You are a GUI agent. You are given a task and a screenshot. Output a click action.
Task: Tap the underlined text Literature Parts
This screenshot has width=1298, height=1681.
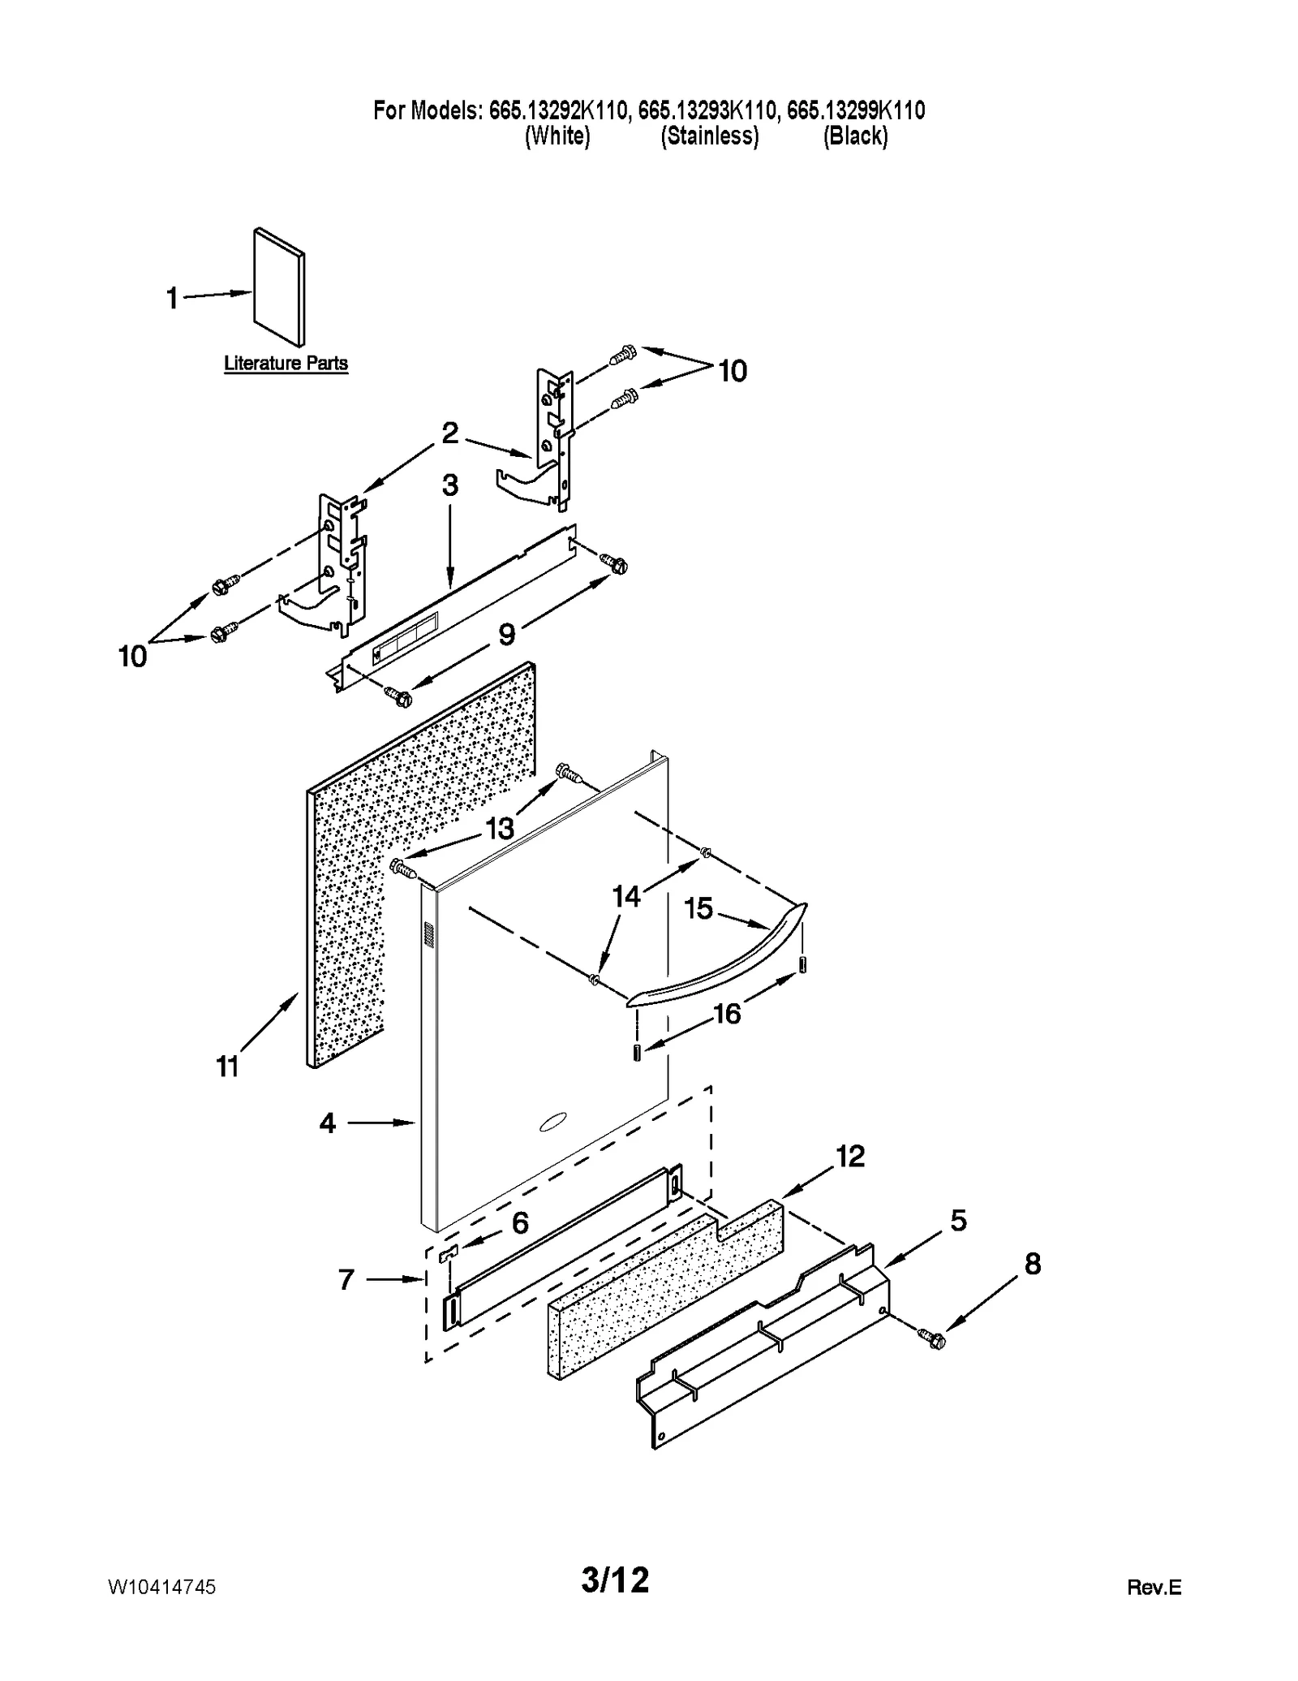(286, 363)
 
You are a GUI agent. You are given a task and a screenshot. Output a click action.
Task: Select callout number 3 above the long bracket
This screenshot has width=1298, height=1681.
(449, 485)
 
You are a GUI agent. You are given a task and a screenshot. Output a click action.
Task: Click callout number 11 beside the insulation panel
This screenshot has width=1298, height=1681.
(228, 1067)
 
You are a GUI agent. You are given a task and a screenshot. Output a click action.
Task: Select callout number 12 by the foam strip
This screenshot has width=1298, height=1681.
(850, 1156)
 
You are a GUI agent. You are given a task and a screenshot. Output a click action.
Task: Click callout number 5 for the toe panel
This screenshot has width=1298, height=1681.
(958, 1220)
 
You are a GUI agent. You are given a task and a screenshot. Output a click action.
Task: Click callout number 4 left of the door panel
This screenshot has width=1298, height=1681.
(327, 1123)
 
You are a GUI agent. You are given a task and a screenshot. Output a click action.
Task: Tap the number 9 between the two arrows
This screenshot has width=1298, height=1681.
(506, 634)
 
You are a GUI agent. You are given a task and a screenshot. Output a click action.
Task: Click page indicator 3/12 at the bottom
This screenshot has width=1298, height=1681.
(616, 1580)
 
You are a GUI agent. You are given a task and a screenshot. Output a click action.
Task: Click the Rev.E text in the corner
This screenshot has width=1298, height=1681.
(1154, 1588)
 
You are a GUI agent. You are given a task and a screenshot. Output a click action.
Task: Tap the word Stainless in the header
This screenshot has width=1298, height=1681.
(710, 136)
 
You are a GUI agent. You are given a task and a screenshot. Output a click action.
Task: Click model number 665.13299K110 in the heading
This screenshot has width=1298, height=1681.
(856, 110)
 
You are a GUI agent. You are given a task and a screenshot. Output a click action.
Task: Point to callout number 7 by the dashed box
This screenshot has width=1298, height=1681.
(346, 1280)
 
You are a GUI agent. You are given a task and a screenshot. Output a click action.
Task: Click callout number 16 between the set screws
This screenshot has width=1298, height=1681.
(727, 1013)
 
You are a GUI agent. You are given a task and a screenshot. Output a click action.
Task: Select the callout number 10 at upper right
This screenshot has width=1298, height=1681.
(732, 371)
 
